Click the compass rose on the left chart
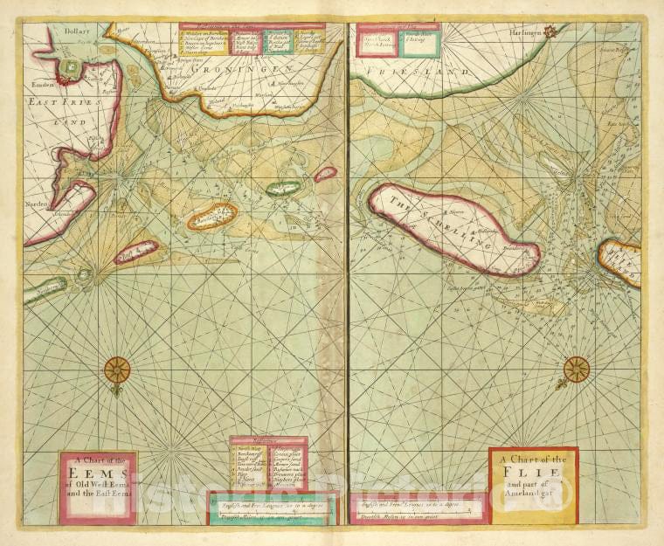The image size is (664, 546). [116, 370]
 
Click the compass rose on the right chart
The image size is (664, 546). [576, 370]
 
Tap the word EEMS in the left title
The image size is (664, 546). [98, 475]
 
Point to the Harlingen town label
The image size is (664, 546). [518, 32]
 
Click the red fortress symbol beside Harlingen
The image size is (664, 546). [550, 32]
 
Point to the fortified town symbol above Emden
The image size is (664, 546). [67, 68]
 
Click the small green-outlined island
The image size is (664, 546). [282, 187]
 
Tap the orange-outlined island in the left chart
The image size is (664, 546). [211, 215]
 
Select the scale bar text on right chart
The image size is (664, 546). [418, 507]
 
